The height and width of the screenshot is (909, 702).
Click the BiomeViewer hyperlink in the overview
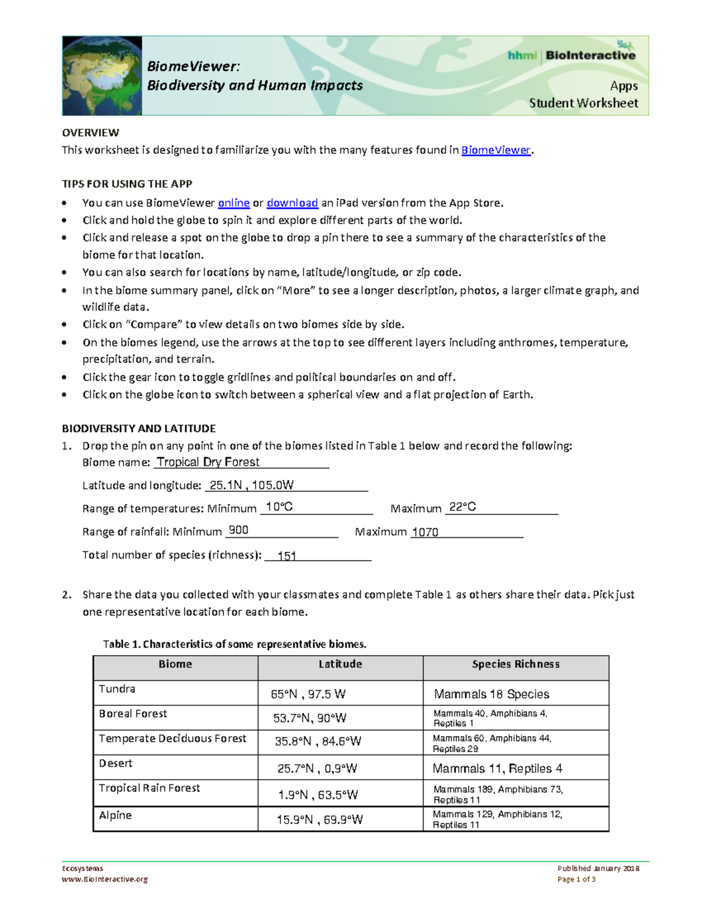click(495, 150)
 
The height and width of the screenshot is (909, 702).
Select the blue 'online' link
click(233, 203)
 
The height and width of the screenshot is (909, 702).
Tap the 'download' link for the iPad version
click(292, 203)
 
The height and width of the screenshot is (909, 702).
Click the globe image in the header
click(102, 76)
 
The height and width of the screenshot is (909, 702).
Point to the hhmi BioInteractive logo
click(571, 55)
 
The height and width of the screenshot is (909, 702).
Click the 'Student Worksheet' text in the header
click(583, 103)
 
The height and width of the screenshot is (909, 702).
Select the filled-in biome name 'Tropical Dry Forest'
click(208, 462)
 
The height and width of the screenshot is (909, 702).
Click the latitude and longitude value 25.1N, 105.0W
click(252, 485)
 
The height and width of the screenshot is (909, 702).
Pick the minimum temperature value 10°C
click(279, 507)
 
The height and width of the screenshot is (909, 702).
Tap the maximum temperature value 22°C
click(462, 507)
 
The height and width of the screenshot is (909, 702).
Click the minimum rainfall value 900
click(238, 530)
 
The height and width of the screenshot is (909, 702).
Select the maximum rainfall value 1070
click(425, 532)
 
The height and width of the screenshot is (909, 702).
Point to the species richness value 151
click(287, 556)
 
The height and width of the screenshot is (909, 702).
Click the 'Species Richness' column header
click(515, 664)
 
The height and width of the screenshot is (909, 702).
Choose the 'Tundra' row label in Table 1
click(117, 689)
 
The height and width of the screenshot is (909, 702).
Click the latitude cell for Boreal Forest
click(310, 718)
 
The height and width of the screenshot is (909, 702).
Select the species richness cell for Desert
click(497, 769)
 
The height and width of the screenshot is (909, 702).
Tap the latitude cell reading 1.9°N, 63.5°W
click(318, 795)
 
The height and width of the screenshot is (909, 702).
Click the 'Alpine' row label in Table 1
click(115, 815)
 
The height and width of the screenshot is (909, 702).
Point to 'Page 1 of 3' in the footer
click(576, 879)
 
